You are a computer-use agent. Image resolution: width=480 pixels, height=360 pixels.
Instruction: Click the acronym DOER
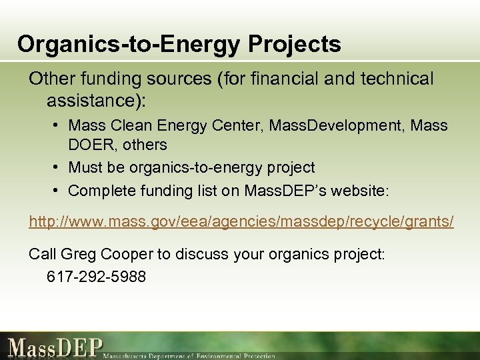(x=89, y=145)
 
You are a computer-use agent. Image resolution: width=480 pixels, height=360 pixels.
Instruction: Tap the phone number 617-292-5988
(x=97, y=275)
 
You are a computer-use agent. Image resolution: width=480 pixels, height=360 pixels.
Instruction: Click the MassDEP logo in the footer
(x=56, y=347)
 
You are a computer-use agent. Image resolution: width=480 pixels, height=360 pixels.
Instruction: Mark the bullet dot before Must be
(x=59, y=168)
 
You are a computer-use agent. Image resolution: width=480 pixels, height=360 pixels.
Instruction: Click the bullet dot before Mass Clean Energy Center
(x=59, y=125)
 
